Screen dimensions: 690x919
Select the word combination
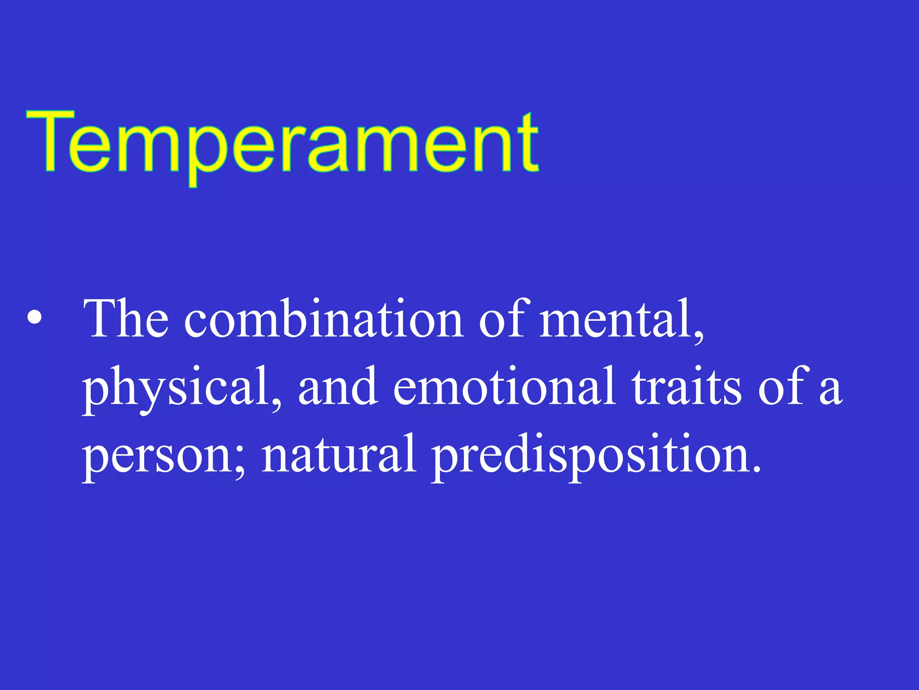[x=323, y=319]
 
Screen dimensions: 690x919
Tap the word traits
[x=687, y=386]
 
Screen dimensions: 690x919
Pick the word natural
[x=339, y=454]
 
